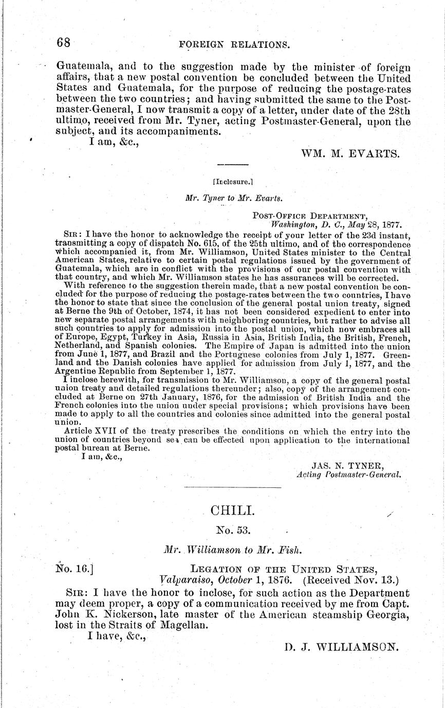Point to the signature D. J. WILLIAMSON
pos(341,647)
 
